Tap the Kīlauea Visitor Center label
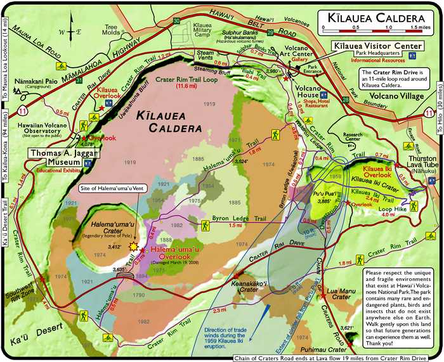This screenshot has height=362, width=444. pyautogui.click(x=377, y=47)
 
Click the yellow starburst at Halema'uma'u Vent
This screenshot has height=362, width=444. pyautogui.click(x=134, y=245)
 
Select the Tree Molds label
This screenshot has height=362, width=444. pyautogui.click(x=112, y=29)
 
